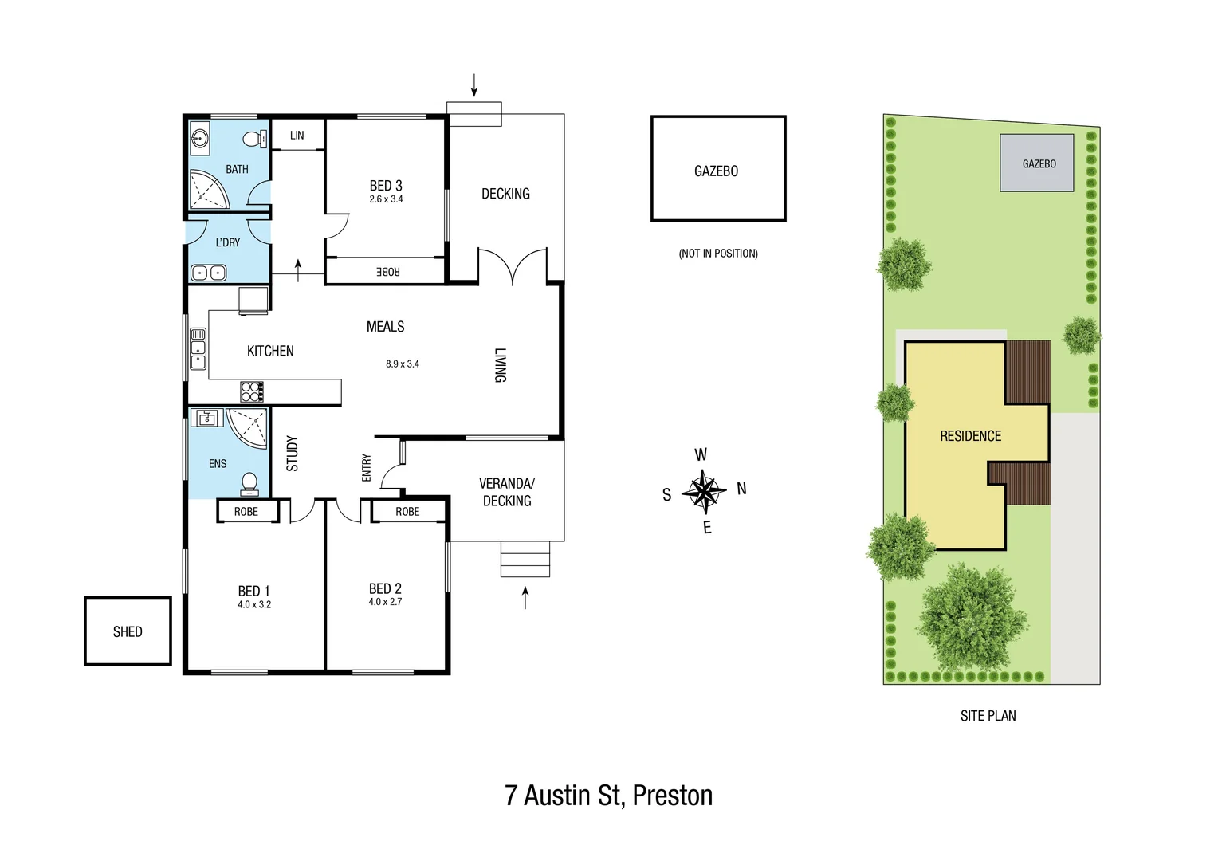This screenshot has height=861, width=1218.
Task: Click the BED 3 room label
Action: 386,186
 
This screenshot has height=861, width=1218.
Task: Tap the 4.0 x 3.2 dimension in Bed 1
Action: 253,605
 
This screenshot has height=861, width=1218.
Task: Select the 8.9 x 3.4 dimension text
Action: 403,364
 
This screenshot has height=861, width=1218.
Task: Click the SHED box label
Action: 128,631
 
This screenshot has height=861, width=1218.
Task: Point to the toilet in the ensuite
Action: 249,483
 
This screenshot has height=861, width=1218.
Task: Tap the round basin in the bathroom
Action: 199,140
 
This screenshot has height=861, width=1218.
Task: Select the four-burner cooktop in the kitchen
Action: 251,391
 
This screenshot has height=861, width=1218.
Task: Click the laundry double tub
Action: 209,273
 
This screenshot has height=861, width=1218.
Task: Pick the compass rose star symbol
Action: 704,491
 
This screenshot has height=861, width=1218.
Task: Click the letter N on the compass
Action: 741,489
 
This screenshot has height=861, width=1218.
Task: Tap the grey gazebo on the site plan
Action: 1037,163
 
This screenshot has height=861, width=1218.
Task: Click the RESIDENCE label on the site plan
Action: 970,436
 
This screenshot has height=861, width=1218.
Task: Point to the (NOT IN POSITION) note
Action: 718,254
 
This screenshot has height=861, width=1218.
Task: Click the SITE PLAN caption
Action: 988,716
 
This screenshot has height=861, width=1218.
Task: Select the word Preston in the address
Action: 672,796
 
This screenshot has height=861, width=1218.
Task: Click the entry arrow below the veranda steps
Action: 525,597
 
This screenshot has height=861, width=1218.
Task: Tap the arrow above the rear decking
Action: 474,85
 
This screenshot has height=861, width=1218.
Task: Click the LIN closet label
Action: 297,136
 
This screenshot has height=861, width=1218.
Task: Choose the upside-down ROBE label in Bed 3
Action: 387,272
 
